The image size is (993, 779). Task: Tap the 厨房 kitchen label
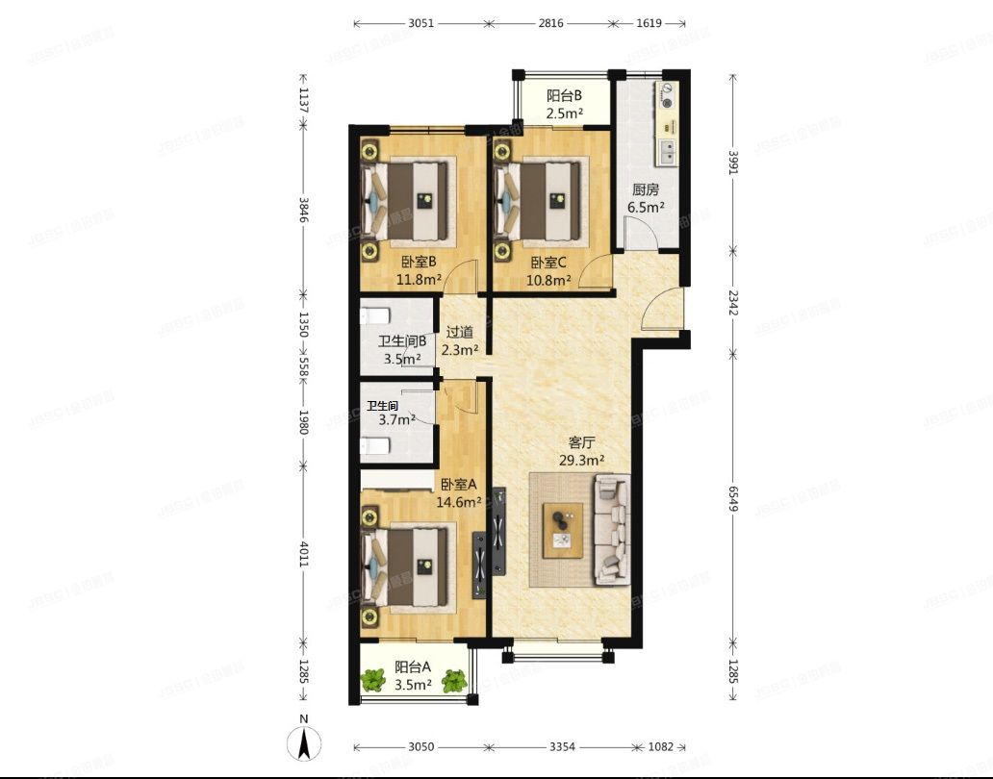[646, 198]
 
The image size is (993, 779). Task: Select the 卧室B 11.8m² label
[420, 270]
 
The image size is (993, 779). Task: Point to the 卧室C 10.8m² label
[548, 270]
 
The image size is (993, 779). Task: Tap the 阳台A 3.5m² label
[413, 675]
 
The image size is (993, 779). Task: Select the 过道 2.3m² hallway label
[460, 340]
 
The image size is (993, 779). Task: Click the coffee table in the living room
[563, 530]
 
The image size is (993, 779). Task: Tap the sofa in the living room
[611, 530]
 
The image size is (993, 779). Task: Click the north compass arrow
[303, 742]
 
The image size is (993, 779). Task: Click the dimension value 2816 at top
[547, 22]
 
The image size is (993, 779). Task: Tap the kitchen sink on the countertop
[666, 150]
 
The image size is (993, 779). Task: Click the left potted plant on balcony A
[372, 681]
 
